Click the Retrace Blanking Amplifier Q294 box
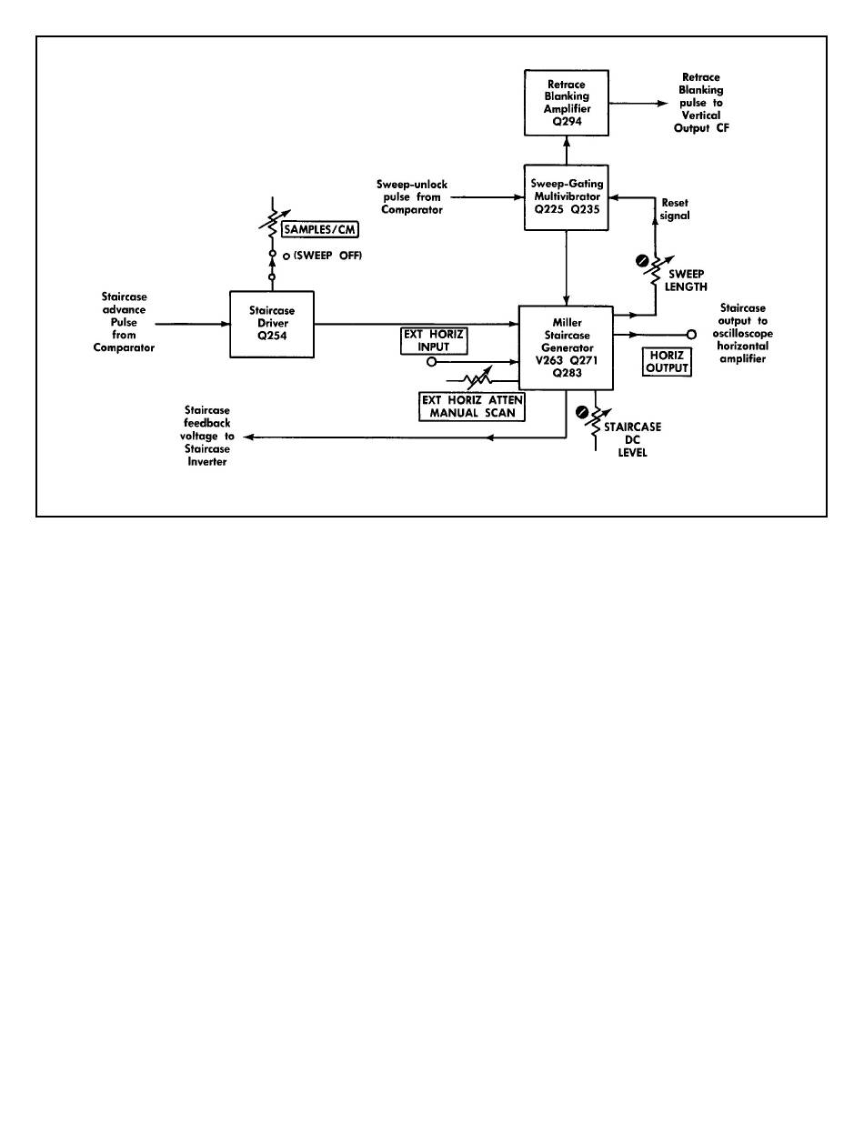567,103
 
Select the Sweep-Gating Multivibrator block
567,196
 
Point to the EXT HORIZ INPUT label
434,339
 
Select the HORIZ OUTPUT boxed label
665,362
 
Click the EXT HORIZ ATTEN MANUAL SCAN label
471,406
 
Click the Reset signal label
675,209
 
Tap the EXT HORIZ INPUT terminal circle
431,360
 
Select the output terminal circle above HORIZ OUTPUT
690,335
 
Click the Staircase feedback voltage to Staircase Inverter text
206,437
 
